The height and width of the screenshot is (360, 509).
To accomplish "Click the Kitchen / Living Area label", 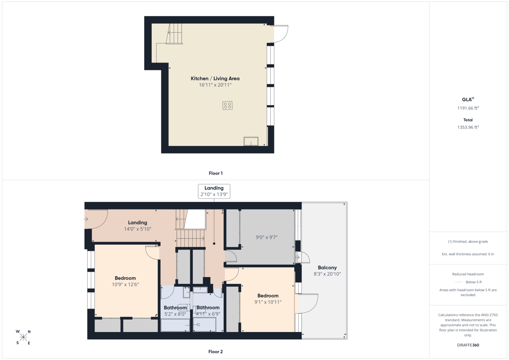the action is (215, 78).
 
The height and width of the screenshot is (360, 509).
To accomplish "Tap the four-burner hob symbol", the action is (227, 105).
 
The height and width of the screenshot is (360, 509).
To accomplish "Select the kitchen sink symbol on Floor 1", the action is (251, 141).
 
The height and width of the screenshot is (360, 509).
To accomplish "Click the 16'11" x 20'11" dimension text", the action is (215, 85).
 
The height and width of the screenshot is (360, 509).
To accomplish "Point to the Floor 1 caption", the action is (216, 173).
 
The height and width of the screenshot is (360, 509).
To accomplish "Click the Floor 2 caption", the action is (216, 352).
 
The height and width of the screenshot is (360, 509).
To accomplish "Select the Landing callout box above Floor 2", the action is (214, 191).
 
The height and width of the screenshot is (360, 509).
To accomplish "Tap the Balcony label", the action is (327, 267).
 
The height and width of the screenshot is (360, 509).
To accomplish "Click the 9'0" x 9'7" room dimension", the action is (267, 237).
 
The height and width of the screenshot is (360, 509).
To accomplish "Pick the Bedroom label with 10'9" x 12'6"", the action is (125, 278).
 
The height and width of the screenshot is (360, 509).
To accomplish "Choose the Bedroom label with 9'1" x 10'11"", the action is (268, 295).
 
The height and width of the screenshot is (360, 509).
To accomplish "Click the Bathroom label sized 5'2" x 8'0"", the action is (175, 307).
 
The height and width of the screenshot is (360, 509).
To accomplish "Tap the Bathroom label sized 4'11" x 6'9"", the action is (208, 307).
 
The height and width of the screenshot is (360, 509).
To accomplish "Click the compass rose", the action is (23, 337).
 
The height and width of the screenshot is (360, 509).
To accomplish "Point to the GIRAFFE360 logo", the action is (468, 345).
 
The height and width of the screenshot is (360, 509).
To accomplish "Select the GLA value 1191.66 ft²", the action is (468, 108).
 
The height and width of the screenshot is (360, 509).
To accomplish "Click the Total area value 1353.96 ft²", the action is (468, 127).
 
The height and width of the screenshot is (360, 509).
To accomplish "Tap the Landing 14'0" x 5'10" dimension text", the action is (137, 229).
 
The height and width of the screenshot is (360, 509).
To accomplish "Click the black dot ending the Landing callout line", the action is (214, 244).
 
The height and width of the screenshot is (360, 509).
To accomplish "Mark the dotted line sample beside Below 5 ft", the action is (459, 282).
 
